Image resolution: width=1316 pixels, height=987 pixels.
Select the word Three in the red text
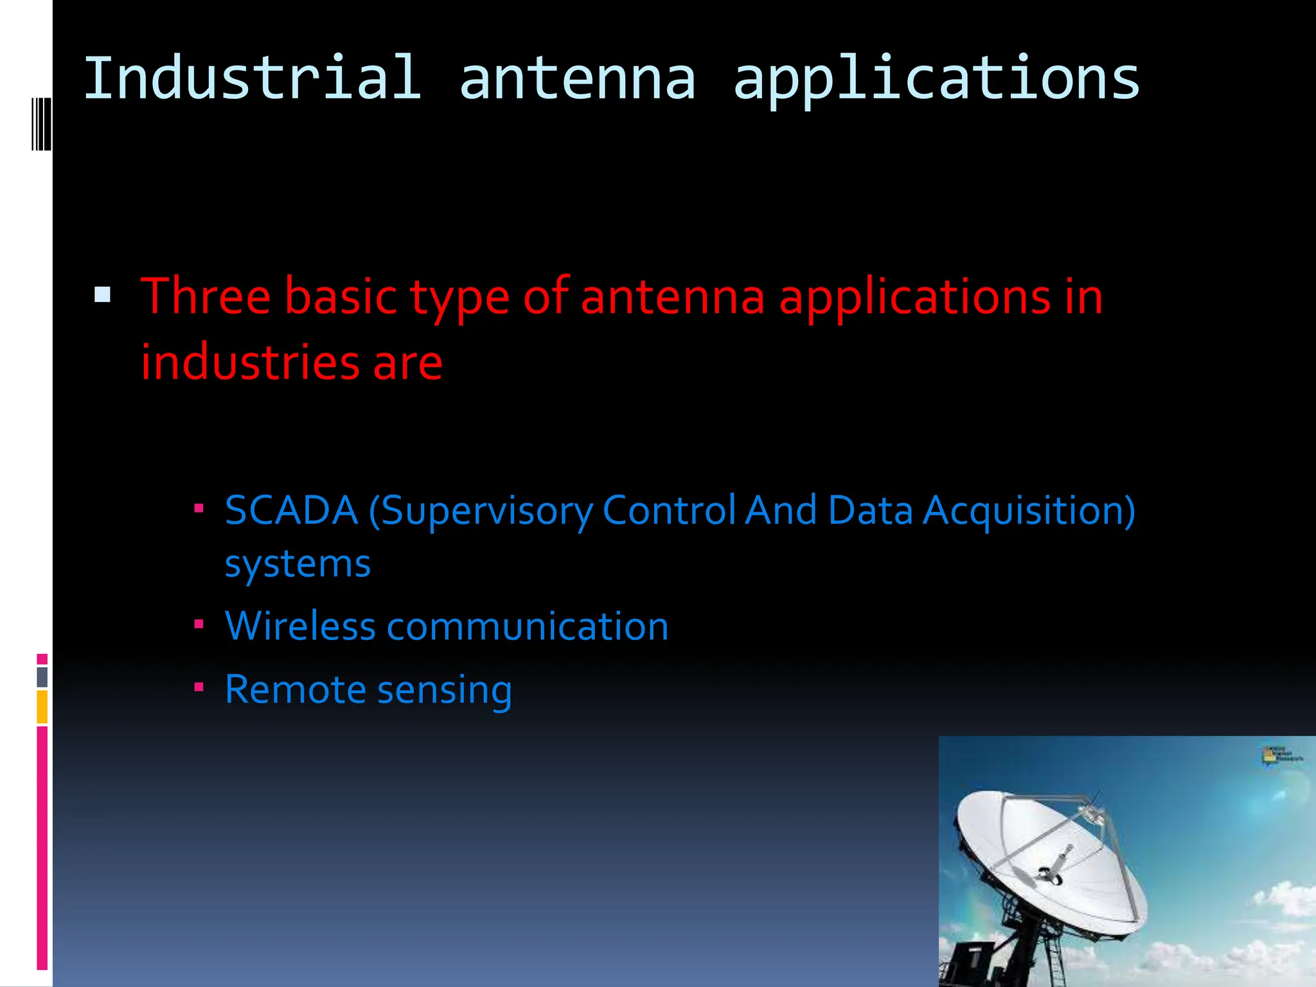[206, 297]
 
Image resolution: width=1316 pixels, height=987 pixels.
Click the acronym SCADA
[291, 511]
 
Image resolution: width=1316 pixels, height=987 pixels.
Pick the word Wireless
[299, 627]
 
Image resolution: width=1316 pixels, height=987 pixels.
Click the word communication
[528, 627]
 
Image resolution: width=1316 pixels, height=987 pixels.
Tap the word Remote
[295, 689]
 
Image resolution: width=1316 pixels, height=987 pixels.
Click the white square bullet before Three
[102, 295]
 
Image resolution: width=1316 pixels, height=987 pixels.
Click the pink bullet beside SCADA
[199, 509]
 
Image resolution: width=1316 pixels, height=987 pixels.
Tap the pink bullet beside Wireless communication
[199, 624]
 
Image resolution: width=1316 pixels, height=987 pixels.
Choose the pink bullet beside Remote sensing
[199, 688]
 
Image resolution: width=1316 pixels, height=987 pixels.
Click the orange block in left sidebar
[42, 707]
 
